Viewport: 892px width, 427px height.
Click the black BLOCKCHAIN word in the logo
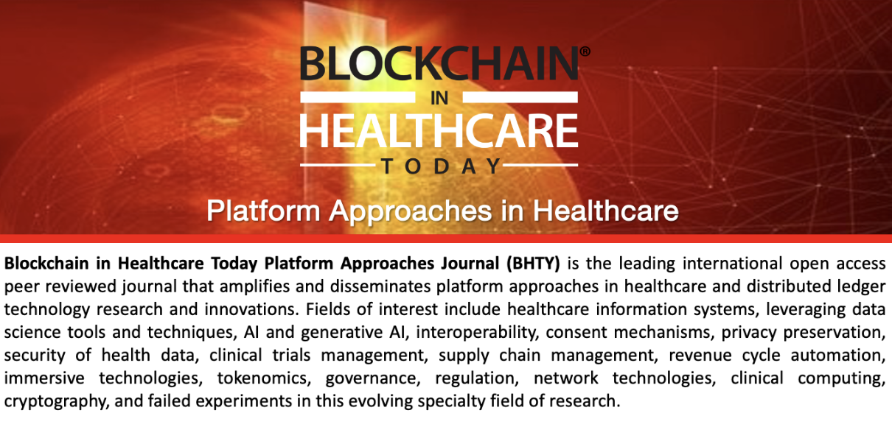(439, 64)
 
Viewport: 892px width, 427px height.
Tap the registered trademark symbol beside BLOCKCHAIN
(585, 52)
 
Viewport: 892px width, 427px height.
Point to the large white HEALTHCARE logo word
(439, 132)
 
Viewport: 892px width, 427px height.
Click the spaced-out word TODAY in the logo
(441, 166)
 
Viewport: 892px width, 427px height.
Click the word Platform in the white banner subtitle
(262, 211)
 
